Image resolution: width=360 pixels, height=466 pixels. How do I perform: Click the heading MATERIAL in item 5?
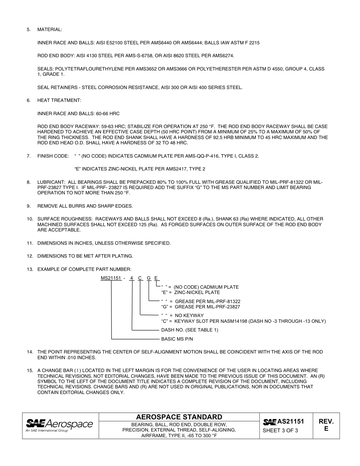point(50,30)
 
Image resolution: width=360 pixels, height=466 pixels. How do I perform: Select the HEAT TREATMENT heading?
point(59,100)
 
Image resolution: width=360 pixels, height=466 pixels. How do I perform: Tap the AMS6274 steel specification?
point(224,56)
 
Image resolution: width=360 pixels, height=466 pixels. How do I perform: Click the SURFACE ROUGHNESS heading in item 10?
point(65,219)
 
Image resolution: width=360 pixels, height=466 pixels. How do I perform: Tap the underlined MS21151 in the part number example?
point(111,278)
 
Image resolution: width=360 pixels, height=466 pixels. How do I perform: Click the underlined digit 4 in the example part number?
point(131,278)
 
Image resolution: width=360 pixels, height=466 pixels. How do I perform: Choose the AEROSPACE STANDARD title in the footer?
point(179,417)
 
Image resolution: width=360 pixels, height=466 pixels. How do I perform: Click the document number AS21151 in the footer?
point(291,421)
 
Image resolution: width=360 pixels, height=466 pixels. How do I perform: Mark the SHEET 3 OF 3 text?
point(280,430)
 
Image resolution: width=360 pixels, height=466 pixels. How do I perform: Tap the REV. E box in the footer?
point(326,425)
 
